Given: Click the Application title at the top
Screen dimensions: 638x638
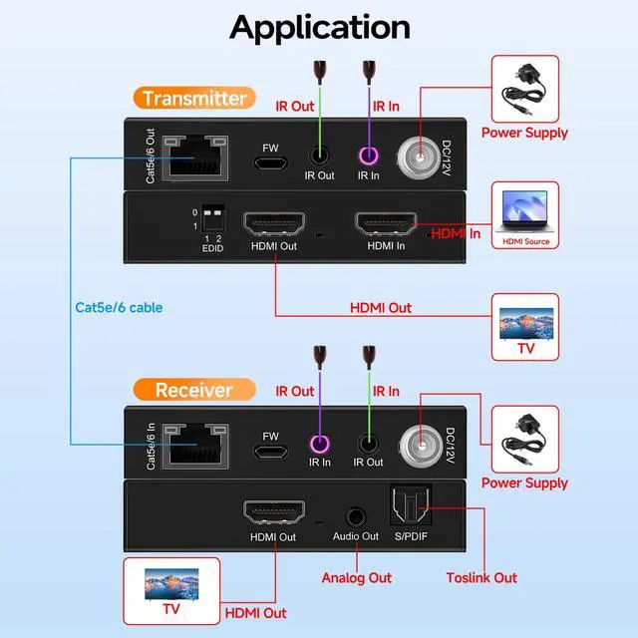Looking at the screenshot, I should [x=319, y=27].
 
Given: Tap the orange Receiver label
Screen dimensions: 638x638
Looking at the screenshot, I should [x=192, y=390].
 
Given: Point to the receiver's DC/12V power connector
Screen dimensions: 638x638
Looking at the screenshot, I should [x=420, y=445].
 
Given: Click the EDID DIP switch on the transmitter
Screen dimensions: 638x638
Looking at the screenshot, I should [x=211, y=218].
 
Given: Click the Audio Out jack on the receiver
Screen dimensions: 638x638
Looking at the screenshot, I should [x=355, y=516].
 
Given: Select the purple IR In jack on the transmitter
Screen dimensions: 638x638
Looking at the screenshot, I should [x=369, y=157].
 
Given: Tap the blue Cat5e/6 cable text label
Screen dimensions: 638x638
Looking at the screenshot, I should [x=119, y=307].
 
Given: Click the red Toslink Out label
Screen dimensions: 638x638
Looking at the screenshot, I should [x=481, y=577].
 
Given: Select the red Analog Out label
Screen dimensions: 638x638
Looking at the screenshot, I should [x=356, y=577].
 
